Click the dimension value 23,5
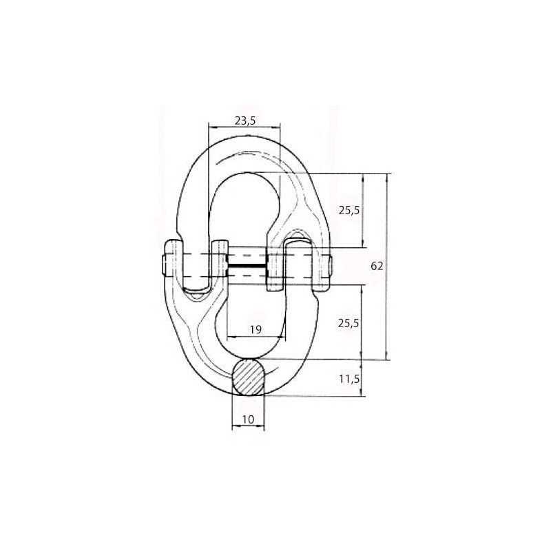pos(245,121)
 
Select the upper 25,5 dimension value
pos(349,211)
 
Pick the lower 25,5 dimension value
pos(349,323)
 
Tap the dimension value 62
pos(377,267)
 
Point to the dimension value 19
pos(256,330)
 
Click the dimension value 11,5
pos(349,379)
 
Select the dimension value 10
pos(248,419)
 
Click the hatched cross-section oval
pos(249,377)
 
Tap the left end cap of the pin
pos(164,265)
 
